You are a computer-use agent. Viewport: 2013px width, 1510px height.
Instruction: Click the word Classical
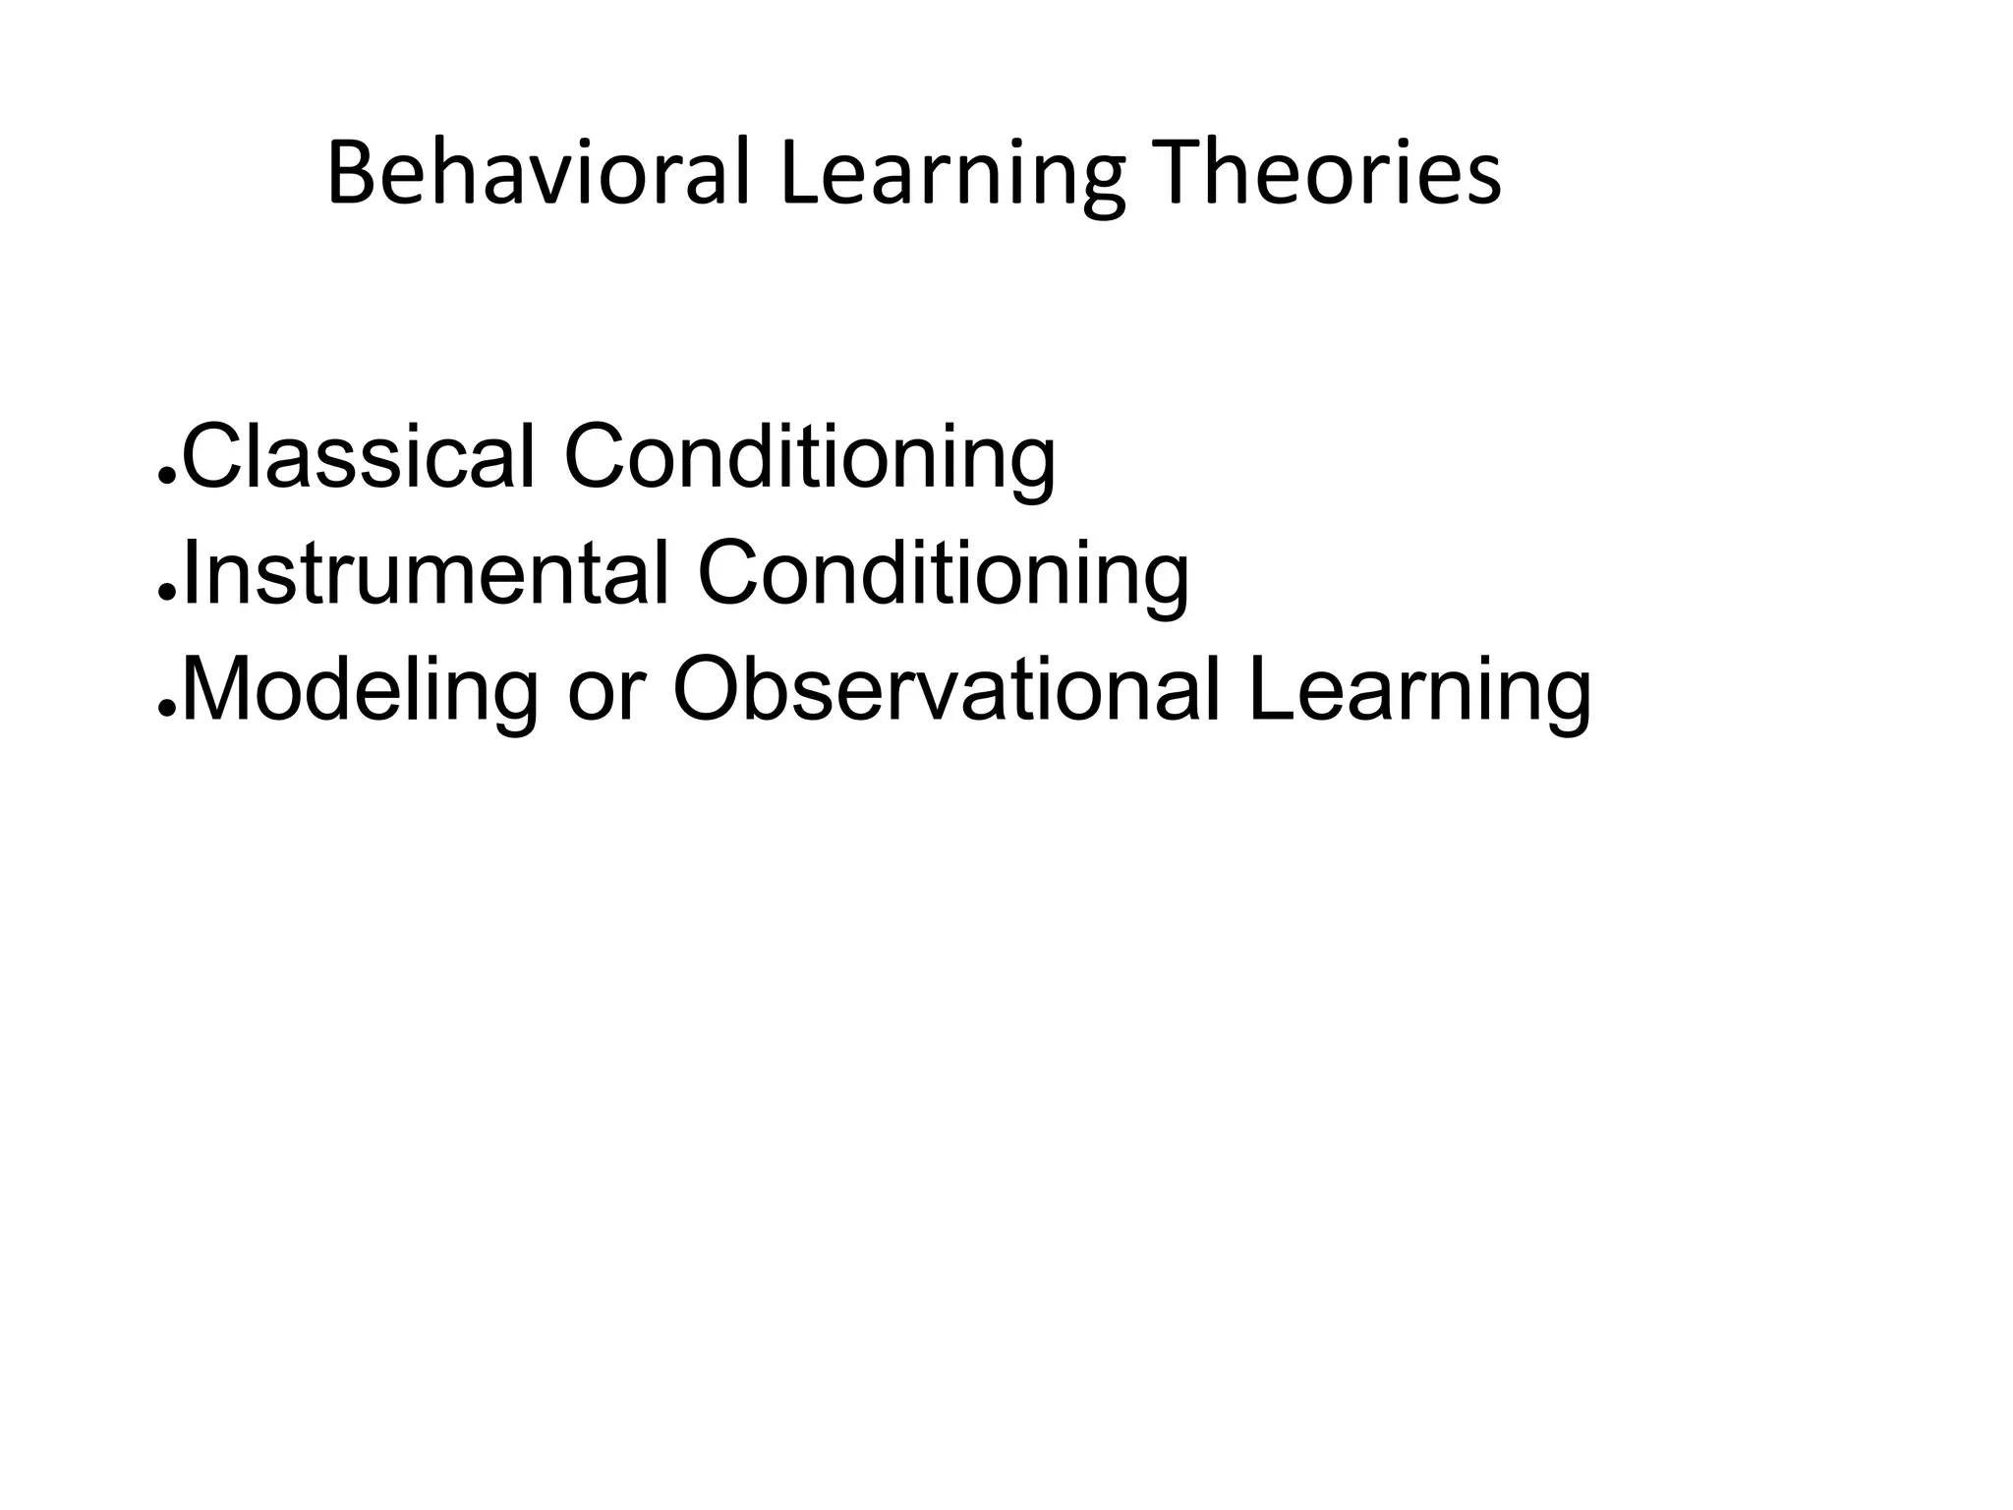pos(359,456)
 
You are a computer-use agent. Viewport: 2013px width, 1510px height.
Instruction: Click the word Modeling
pos(360,692)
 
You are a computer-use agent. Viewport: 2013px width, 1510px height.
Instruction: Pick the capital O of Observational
pos(712,690)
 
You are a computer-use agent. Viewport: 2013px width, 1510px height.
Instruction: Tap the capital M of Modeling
pos(216,690)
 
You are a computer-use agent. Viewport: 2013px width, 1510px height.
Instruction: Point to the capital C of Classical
pos(212,456)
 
